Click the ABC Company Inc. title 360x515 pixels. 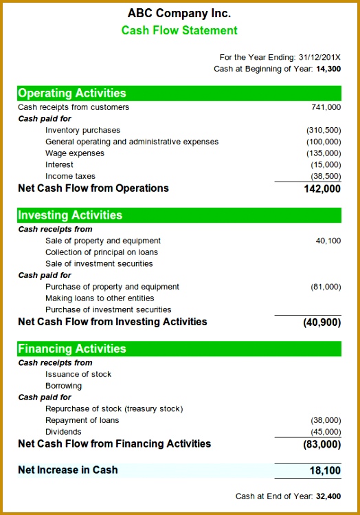point(179,13)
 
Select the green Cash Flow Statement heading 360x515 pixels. point(179,30)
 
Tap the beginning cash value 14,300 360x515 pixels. point(328,69)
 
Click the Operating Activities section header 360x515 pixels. point(72,93)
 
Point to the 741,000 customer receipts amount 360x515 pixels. point(326,107)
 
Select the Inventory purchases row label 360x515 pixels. point(82,130)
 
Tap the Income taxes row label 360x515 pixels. point(70,176)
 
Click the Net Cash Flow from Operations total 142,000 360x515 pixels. point(322,188)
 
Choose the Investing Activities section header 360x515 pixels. point(70,215)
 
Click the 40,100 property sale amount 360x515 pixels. point(328,241)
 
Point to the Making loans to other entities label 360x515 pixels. point(100,298)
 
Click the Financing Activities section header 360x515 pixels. point(72,349)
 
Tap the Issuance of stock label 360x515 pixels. point(78,374)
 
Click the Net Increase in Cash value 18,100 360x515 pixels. point(325,470)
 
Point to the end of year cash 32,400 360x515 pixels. point(328,496)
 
